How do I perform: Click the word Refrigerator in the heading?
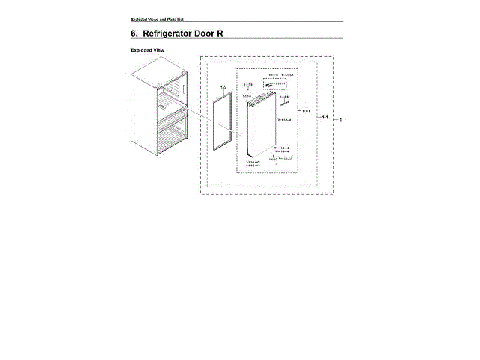(172, 34)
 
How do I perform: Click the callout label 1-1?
(324, 118)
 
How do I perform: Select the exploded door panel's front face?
(262, 131)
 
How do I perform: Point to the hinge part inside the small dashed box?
(270, 84)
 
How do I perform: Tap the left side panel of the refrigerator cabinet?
(142, 112)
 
